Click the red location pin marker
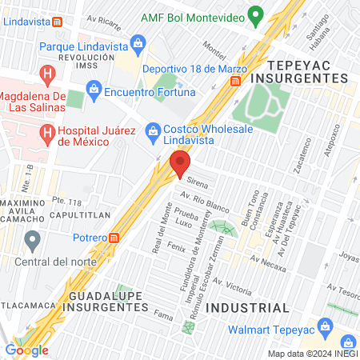pos(179,165)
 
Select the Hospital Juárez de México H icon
pos(48,132)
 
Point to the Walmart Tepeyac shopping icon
pos(325,326)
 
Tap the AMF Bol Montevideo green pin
pos(255,14)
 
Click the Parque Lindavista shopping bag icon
pos(138,41)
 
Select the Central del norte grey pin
pos(33,239)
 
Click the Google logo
pos(26,350)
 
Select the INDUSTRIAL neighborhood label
pos(247,307)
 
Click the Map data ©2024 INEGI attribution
pos(311,353)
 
